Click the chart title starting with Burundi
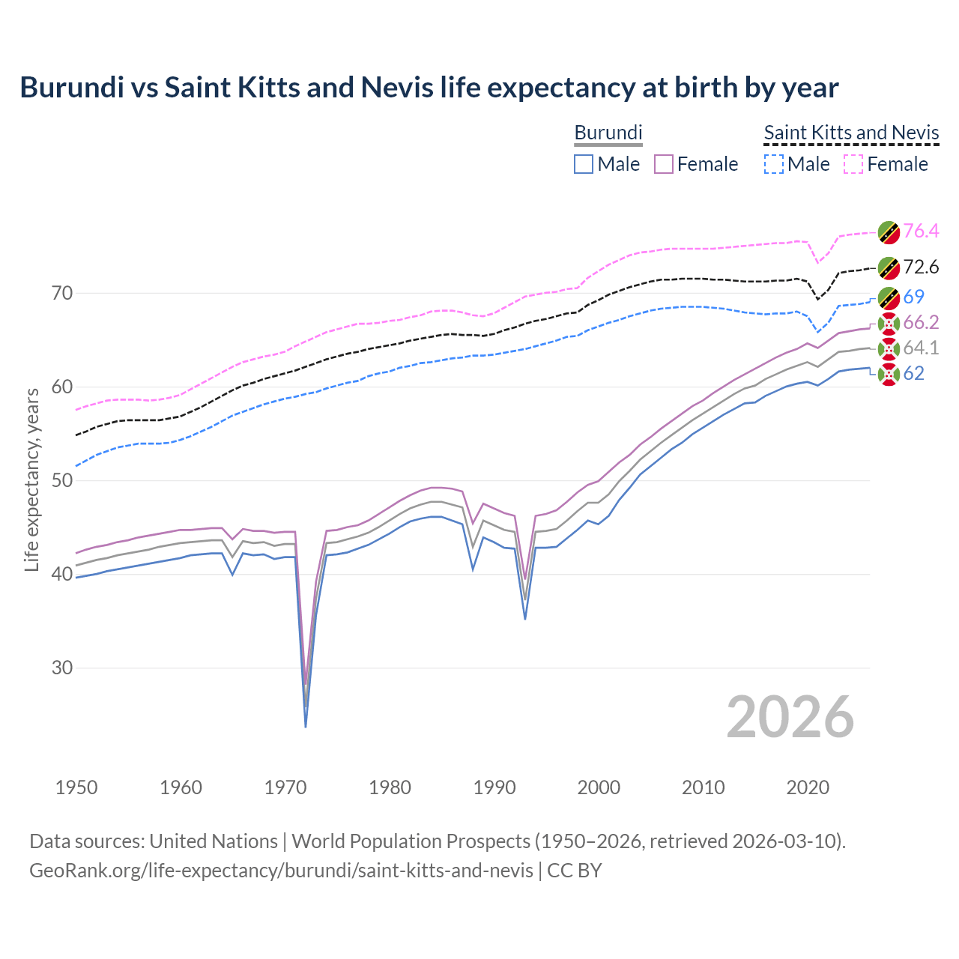429,88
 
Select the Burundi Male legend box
584,164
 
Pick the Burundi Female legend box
664,164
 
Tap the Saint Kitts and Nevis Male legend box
773,164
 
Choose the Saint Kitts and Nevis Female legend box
853,164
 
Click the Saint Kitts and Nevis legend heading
851,133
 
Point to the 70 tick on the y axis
63,293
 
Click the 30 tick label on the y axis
63,668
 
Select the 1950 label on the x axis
76,787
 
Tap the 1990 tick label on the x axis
494,787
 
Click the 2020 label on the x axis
808,787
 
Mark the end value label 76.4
921,231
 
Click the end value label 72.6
921,267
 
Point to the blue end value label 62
913,373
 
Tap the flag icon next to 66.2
888,323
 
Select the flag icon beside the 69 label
888,297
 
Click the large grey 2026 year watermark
790,717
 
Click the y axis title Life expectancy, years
32,479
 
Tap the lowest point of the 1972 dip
306,726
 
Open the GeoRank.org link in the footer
281,870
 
